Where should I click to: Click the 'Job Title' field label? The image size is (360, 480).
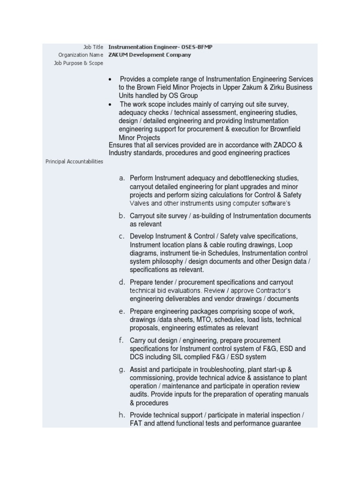pos(93,47)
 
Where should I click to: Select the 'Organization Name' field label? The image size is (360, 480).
pos(81,55)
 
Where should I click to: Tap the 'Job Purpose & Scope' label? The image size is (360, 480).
pos(79,63)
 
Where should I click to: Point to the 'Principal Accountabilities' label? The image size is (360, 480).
pos(74,162)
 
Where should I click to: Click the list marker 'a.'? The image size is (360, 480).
pos(122,178)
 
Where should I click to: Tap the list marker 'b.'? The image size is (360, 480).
pos(122,216)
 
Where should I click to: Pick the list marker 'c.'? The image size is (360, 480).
pos(122,236)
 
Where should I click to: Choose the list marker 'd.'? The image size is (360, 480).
pos(122,282)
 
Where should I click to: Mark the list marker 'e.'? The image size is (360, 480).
pos(122,311)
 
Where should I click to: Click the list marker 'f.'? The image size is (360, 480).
pos(122,340)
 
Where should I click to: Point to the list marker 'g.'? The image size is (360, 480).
pos(122,370)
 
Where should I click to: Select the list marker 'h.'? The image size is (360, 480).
pos(122,415)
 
